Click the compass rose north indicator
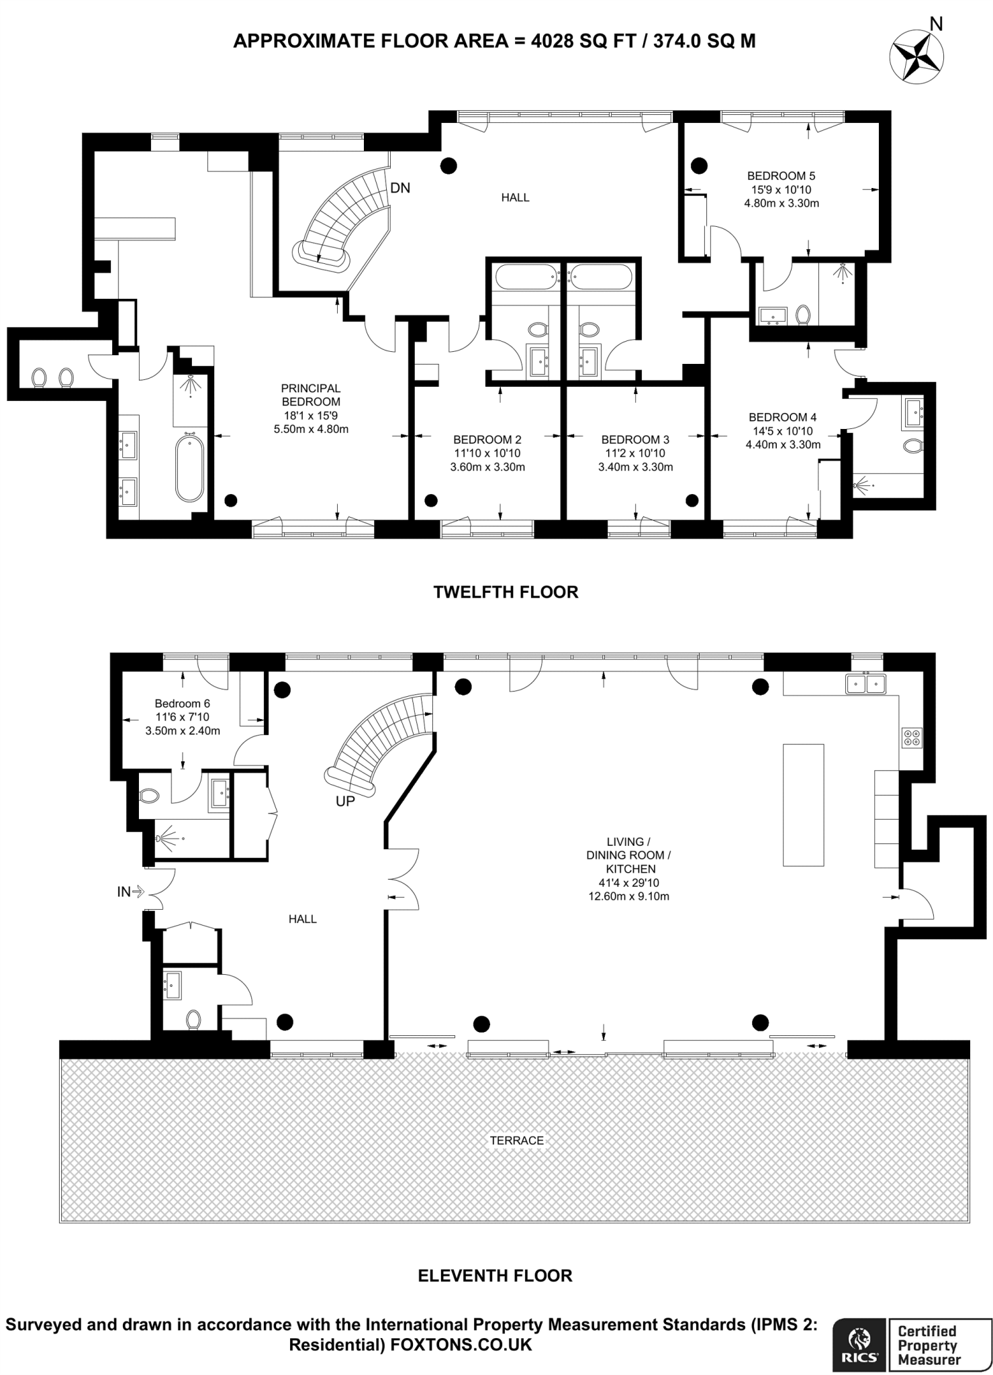915,58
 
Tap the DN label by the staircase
400,188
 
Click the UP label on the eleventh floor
345,801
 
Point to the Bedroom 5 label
781,176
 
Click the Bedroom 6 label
183,704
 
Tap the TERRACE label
516,1140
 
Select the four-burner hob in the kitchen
912,738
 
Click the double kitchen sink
866,683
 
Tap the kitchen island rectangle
803,804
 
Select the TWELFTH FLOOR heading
506,592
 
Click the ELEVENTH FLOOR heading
495,1276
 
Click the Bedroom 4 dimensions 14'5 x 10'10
783,431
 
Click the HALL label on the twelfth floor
515,197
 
